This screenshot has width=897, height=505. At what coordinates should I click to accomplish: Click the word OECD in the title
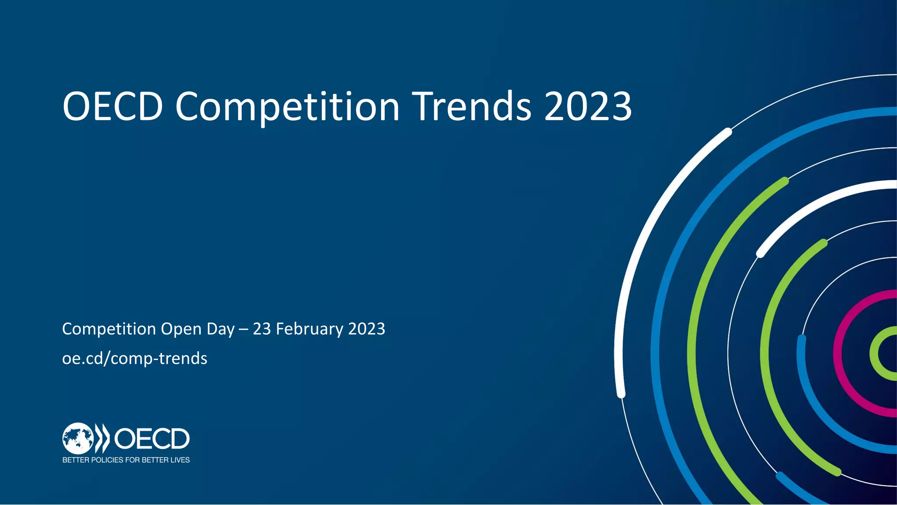113,107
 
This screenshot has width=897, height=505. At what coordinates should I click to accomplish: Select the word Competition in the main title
287,107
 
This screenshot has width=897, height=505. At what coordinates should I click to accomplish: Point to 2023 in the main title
588,107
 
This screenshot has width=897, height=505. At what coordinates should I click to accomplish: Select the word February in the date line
310,329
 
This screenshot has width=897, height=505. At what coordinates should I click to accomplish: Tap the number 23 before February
262,329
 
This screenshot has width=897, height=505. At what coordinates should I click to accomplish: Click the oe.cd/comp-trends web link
134,359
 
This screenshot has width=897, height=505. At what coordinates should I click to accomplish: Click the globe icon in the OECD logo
78,438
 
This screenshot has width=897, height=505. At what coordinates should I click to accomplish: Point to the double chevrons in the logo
102,438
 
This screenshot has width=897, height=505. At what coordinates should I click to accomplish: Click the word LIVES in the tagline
180,460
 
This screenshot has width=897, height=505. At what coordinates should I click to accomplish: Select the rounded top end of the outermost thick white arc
727,131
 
